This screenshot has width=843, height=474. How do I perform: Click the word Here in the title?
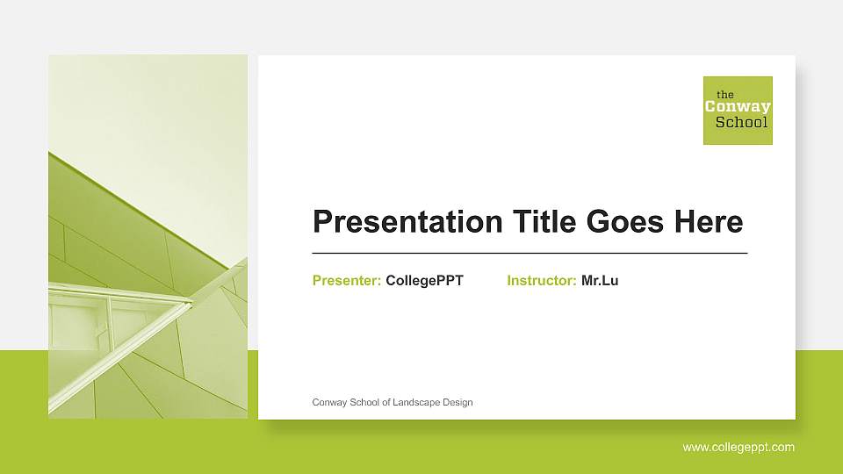pyautogui.click(x=709, y=221)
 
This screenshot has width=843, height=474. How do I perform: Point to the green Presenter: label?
pyautogui.click(x=346, y=281)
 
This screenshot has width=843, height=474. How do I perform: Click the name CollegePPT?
pyautogui.click(x=424, y=281)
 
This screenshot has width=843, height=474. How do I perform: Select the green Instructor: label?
pyautogui.click(x=541, y=281)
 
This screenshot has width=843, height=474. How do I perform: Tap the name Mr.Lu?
pyautogui.click(x=600, y=281)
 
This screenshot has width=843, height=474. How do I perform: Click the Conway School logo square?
pyautogui.click(x=738, y=111)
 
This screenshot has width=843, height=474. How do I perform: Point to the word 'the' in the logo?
pyautogui.click(x=725, y=94)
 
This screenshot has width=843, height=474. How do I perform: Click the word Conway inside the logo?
pyautogui.click(x=738, y=107)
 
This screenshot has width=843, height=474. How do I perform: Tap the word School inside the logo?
pyautogui.click(x=741, y=122)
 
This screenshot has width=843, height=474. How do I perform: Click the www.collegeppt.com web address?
pyautogui.click(x=739, y=447)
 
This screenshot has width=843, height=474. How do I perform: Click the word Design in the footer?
pyautogui.click(x=458, y=402)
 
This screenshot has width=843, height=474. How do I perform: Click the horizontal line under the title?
pyautogui.click(x=530, y=253)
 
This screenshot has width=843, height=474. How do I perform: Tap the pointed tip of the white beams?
pyautogui.click(x=191, y=303)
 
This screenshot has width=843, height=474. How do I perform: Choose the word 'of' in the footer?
pyautogui.click(x=386, y=402)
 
